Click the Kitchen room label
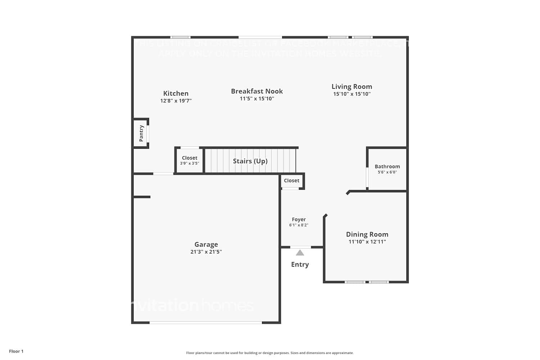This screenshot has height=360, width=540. click(176, 93)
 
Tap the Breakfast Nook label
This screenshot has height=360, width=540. click(257, 91)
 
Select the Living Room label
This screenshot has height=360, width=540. click(352, 86)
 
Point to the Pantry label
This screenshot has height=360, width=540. click(141, 133)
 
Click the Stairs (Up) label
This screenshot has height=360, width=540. click(250, 161)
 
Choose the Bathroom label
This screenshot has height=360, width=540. click(387, 166)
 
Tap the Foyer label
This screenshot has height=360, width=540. click(299, 219)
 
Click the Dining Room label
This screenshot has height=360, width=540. click(367, 234)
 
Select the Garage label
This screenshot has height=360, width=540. click(206, 244)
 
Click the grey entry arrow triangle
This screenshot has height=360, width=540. click(300, 253)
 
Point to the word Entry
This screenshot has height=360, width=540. click(300, 264)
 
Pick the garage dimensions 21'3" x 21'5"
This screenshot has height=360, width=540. click(206, 252)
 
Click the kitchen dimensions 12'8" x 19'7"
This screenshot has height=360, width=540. click(176, 101)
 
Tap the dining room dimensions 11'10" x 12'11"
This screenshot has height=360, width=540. click(367, 242)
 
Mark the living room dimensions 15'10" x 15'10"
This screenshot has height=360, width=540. click(352, 94)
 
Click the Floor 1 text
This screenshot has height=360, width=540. click(16, 351)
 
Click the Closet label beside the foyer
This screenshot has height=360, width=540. click(292, 180)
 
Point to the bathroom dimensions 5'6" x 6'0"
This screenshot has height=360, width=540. click(387, 172)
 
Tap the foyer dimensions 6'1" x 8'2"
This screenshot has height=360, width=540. click(299, 225)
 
